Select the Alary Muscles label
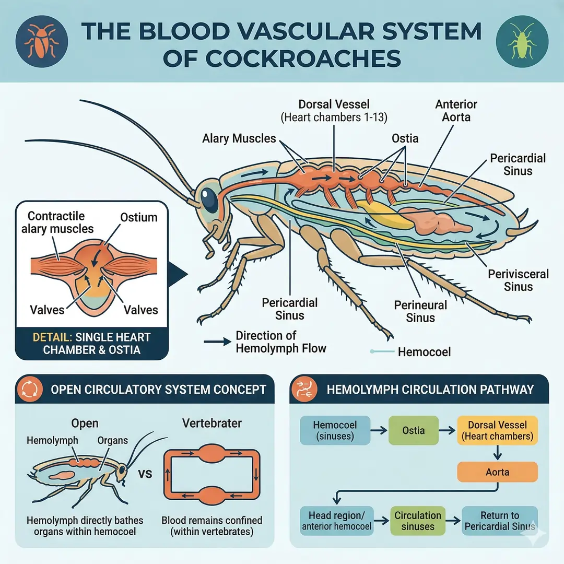(239, 139)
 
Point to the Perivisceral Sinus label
(518, 280)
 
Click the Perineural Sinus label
(420, 311)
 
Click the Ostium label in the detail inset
(138, 217)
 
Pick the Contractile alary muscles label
(61, 222)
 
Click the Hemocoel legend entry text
(424, 352)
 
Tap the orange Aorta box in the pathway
(497, 472)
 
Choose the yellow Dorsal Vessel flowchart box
(497, 431)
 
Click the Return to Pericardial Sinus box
(500, 521)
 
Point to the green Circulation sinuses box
(418, 521)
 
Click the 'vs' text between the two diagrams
(146, 474)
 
